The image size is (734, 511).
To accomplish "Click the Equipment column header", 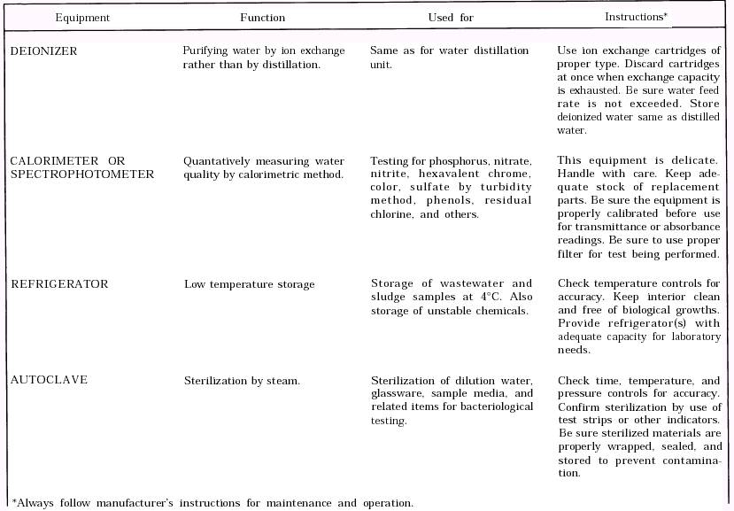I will coord(82,18).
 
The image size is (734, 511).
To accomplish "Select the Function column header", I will coord(263,18).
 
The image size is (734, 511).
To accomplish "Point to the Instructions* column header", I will coord(636,17).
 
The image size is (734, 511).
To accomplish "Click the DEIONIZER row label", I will coord(43,51).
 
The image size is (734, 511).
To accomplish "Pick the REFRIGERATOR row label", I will coord(59,284).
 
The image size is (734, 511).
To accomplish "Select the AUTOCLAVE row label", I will coord(49,381).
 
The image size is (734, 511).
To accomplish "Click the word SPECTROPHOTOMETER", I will coord(82,174).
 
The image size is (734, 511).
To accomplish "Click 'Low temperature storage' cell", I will coord(249,284).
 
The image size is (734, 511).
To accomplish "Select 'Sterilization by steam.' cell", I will coord(242,381).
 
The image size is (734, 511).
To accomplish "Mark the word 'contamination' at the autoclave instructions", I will coord(687,460).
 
